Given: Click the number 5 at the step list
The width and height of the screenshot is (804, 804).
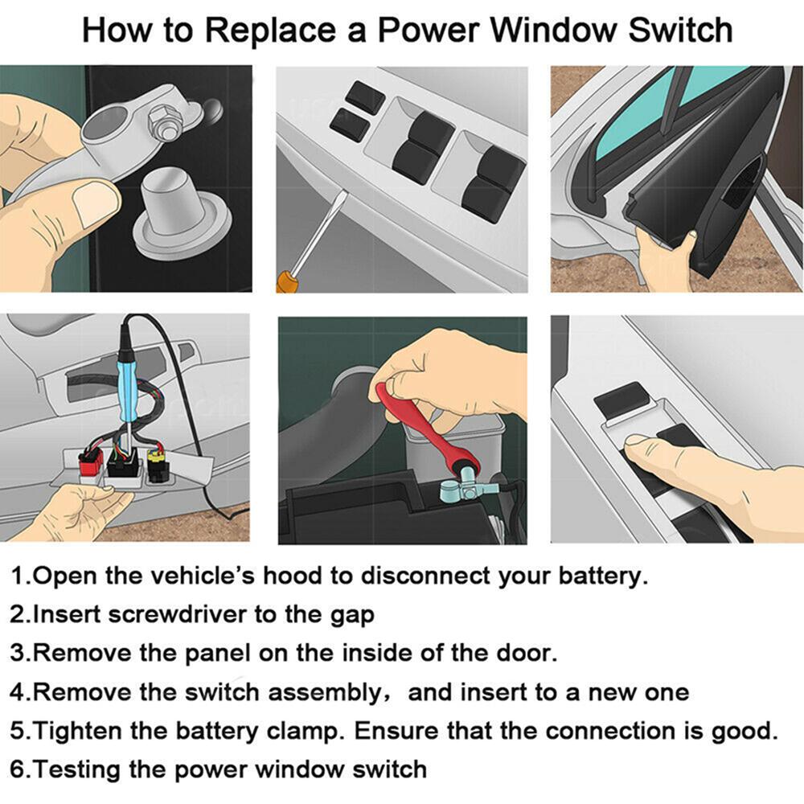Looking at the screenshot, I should click(18, 731).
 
